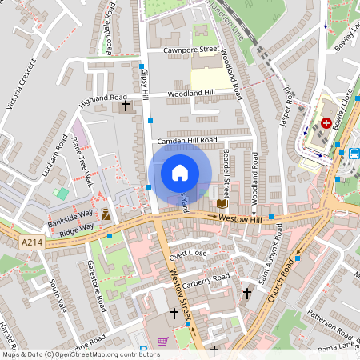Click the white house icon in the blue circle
pos(180,173)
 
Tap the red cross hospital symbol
pos(326,122)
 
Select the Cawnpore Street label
pos(191,50)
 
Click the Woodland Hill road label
pos(191,94)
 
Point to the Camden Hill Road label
pos(187,140)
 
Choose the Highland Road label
pos(98,97)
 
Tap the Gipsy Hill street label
pos(146,84)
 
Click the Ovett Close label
pos(187,253)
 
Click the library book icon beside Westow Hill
pos(222,204)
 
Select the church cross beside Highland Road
pos(125,106)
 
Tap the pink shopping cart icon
pos(163,342)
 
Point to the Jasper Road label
pos(289,104)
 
